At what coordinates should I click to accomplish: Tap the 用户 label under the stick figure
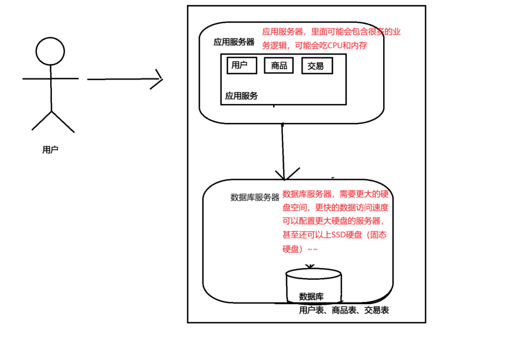tap(50, 150)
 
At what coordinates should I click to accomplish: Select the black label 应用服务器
tap(234, 42)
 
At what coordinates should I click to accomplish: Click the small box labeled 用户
tap(242, 65)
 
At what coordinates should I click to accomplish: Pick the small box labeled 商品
tap(279, 66)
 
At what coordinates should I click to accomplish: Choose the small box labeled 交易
tap(317, 66)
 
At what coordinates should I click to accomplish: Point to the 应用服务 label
tap(241, 96)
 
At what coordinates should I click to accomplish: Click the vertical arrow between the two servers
tap(283, 152)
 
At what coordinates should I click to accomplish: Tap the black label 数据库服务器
tap(255, 198)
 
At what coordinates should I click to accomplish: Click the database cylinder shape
tap(313, 284)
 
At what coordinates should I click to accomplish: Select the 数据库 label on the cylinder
tap(311, 297)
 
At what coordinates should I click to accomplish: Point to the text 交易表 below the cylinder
tap(376, 310)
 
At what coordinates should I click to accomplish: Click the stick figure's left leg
tap(41, 121)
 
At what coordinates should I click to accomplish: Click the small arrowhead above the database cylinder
tap(310, 266)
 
